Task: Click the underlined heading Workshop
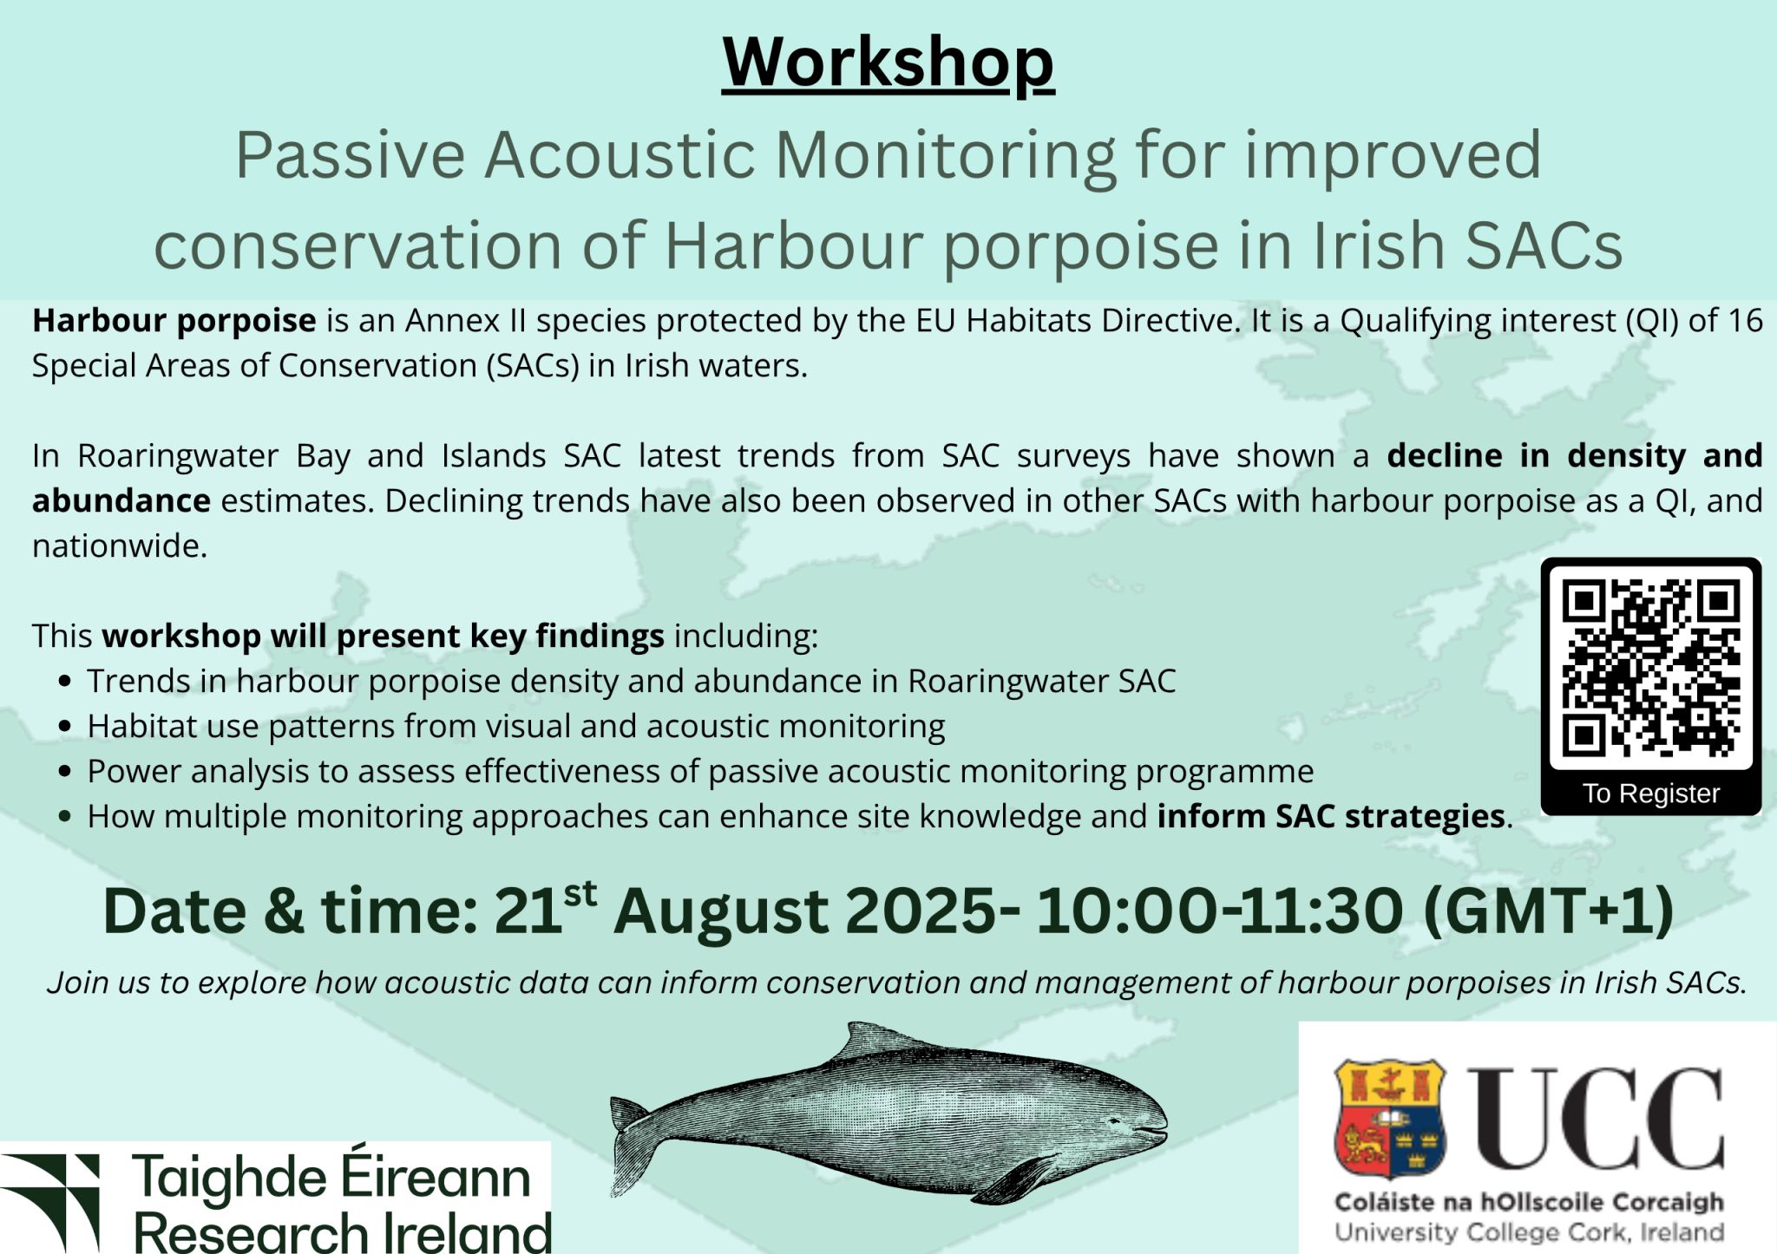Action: pos(888,62)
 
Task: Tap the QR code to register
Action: pos(1651,669)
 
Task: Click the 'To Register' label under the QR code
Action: pos(1651,794)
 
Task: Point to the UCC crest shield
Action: pos(1390,1119)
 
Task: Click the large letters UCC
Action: pos(1595,1119)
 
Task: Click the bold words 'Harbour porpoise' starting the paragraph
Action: pos(174,321)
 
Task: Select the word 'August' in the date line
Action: pos(720,911)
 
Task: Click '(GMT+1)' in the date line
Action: pos(1549,911)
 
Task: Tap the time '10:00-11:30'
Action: pos(1219,911)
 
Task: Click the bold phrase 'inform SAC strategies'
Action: pos(1331,816)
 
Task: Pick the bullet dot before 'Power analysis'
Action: pos(64,772)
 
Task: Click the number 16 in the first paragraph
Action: pos(1745,321)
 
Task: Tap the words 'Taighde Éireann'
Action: pos(331,1177)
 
